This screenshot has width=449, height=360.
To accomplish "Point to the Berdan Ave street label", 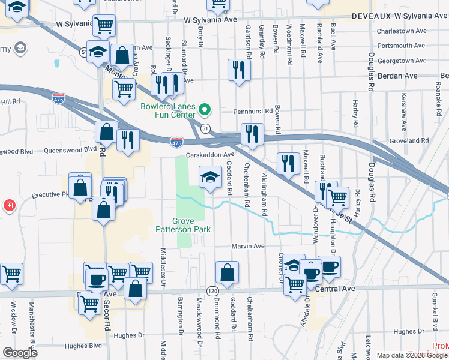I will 398,76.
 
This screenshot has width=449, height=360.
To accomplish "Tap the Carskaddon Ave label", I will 209,155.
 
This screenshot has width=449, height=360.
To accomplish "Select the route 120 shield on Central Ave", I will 212,290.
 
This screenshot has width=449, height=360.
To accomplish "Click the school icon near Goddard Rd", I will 209,177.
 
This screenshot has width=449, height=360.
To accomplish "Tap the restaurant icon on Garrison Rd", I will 239,70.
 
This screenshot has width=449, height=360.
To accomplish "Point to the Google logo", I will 20,353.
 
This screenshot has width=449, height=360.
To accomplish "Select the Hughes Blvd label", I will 83,346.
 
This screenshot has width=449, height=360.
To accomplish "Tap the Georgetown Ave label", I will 402,61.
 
